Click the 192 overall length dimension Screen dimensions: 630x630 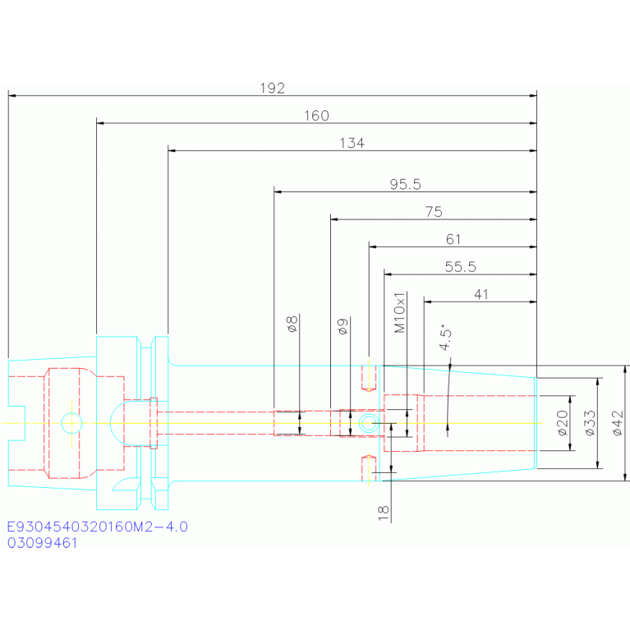tap(273, 89)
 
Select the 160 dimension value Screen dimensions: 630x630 tap(316, 116)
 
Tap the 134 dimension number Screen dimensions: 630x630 tap(352, 143)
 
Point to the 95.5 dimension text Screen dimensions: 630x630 tap(406, 185)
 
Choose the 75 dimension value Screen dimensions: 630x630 tap(434, 212)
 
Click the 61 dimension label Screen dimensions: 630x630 tap(453, 240)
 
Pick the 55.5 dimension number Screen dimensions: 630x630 tap(461, 267)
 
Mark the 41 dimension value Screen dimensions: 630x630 tap(481, 295)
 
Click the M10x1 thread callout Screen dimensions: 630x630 tap(400, 313)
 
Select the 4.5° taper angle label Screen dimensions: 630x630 tap(445, 337)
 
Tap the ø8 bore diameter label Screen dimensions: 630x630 tap(292, 324)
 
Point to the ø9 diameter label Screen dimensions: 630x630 tap(343, 327)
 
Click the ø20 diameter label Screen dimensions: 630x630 tap(563, 423)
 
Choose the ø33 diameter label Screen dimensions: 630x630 tap(590, 423)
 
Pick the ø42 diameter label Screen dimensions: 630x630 tap(618, 423)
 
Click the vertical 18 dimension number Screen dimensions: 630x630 tap(384, 513)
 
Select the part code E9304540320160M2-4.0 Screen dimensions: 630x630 tap(98, 527)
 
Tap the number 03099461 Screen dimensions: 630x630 tap(42, 543)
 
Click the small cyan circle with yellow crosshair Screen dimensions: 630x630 tap(71, 423)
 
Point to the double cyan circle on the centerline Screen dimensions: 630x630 tap(369, 423)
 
